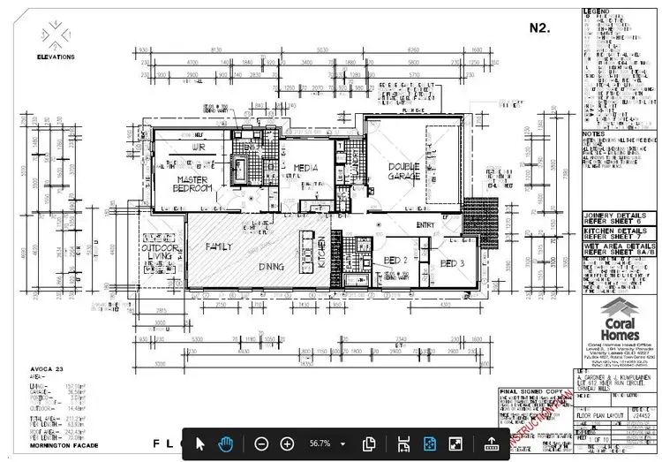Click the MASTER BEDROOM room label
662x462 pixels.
[x=192, y=185]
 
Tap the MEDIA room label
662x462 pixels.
[x=305, y=167]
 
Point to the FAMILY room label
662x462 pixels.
[x=218, y=247]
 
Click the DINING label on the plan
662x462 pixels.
[x=271, y=266]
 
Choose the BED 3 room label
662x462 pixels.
[x=452, y=263]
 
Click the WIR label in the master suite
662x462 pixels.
[x=198, y=149]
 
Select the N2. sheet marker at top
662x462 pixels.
[x=539, y=27]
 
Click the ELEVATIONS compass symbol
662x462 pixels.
[x=56, y=35]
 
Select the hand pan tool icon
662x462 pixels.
[x=225, y=443]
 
